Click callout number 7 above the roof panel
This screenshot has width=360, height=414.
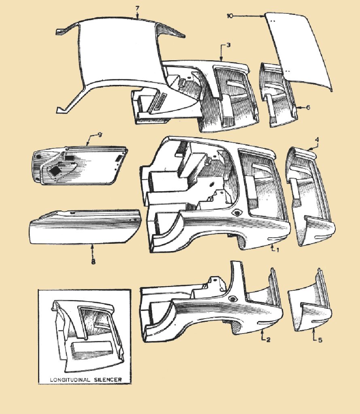[x=137, y=8]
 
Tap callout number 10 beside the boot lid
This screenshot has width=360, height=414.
[x=230, y=16]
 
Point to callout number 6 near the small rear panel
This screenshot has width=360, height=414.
[x=308, y=108]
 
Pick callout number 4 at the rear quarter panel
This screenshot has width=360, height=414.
[x=317, y=139]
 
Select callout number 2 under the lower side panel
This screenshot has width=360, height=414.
[x=268, y=339]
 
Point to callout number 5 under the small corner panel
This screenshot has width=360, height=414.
[x=320, y=340]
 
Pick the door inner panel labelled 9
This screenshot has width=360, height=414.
[x=81, y=166]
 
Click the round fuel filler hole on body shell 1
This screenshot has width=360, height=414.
[x=236, y=213]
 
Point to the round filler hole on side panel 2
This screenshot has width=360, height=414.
[x=232, y=299]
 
